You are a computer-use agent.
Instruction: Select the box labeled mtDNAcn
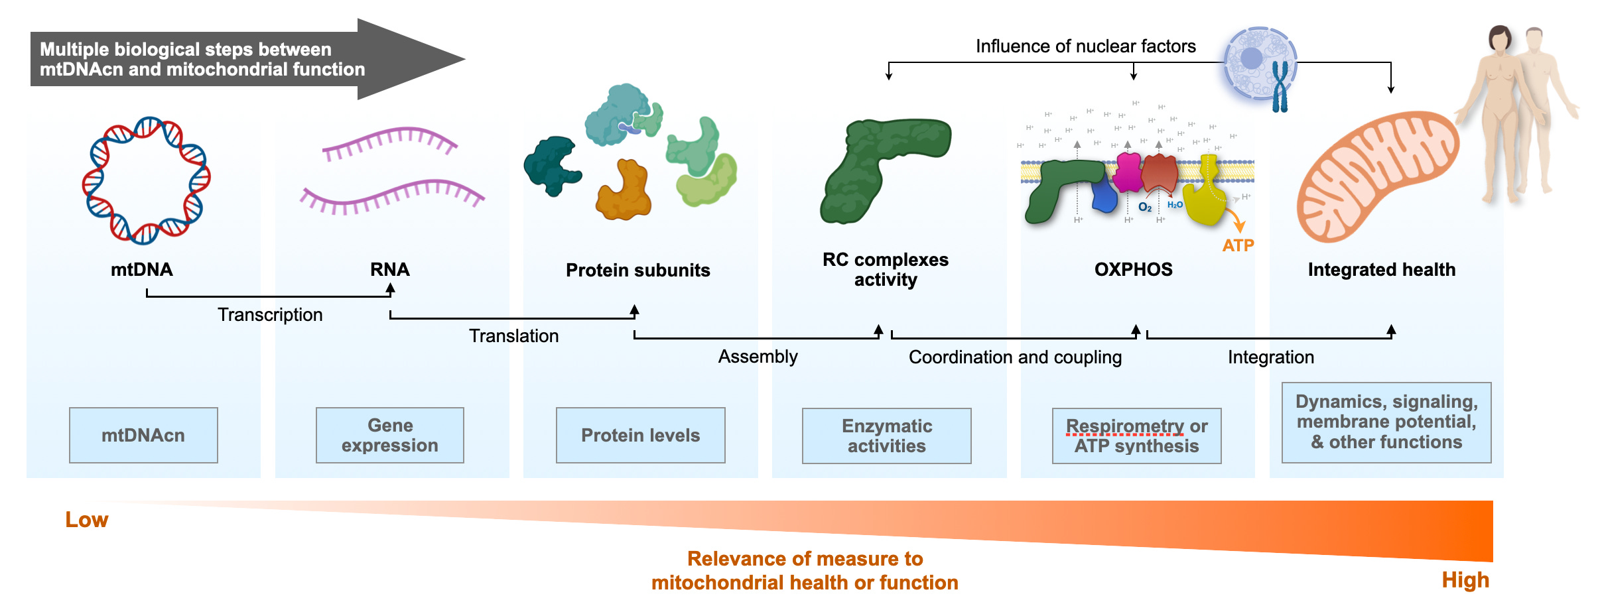pyautogui.click(x=143, y=435)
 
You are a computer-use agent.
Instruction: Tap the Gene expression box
pyautogui.click(x=390, y=435)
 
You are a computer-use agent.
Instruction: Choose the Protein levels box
pyautogui.click(x=641, y=435)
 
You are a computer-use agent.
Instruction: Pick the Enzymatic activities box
pyautogui.click(x=887, y=436)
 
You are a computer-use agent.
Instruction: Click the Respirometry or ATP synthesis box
pyautogui.click(x=1137, y=436)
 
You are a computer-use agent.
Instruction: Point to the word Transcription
pyautogui.click(x=271, y=314)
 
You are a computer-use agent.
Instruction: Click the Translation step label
pyautogui.click(x=514, y=335)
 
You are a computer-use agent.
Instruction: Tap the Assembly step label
pyautogui.click(x=758, y=357)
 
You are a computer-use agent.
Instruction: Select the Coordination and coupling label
pyautogui.click(x=1016, y=357)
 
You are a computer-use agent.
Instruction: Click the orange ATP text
pyautogui.click(x=1238, y=245)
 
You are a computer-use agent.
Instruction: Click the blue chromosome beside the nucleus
pyautogui.click(x=1280, y=87)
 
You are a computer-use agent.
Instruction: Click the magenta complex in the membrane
pyautogui.click(x=1128, y=172)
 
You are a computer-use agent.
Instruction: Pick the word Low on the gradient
pyautogui.click(x=87, y=519)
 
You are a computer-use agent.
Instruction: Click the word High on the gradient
pyautogui.click(x=1465, y=580)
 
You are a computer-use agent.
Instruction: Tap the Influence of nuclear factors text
pyautogui.click(x=1086, y=46)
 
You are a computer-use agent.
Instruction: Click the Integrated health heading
pyautogui.click(x=1382, y=270)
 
